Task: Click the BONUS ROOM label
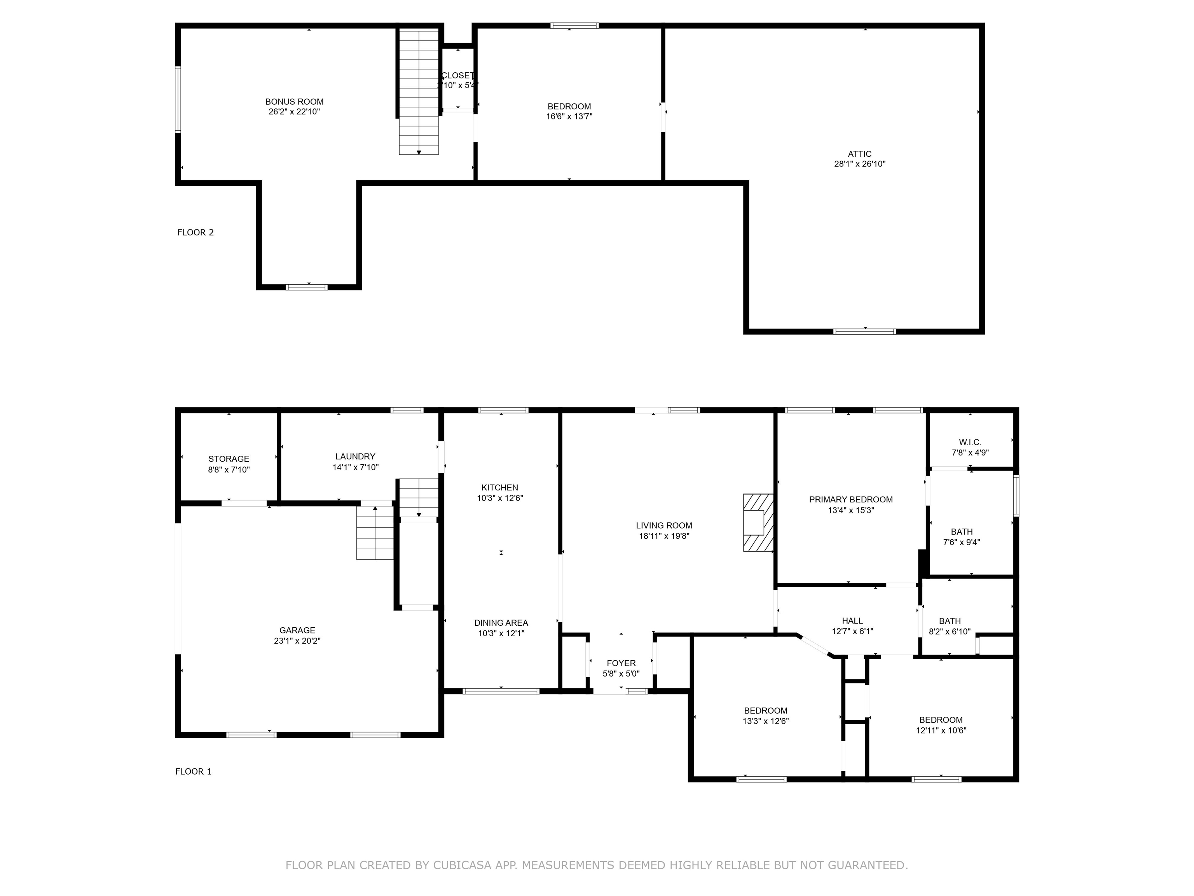[x=294, y=101]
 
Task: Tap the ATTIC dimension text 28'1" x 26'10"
[x=860, y=164]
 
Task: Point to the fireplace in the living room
[x=758, y=522]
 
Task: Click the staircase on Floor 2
[x=419, y=92]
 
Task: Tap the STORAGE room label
[x=229, y=459]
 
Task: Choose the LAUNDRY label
[x=355, y=457]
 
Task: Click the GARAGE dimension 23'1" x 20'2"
[x=297, y=641]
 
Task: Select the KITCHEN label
[x=500, y=488]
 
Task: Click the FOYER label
[x=621, y=663]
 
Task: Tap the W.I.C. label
[x=970, y=442]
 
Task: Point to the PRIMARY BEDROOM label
[x=851, y=500]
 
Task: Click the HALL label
[x=852, y=621]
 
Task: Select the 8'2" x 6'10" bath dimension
[x=950, y=631]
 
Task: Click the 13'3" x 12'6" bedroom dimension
[x=765, y=721]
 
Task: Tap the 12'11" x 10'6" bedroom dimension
[x=941, y=731]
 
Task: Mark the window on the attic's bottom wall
[x=865, y=331]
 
